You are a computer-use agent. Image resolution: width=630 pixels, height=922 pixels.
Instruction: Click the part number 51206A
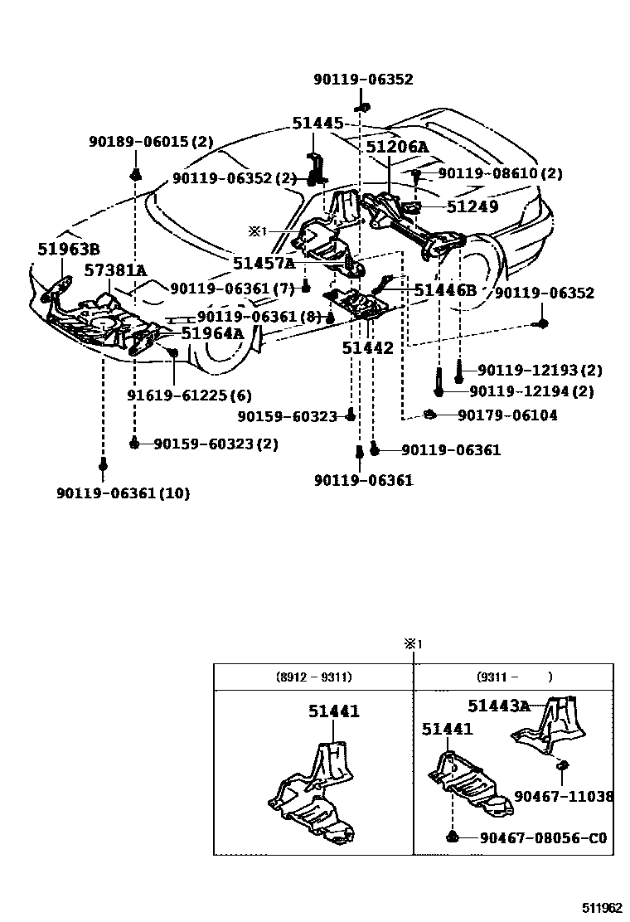(397, 148)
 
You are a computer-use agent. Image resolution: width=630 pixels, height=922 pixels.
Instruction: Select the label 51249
(472, 206)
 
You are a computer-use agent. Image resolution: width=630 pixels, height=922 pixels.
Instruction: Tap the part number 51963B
(68, 249)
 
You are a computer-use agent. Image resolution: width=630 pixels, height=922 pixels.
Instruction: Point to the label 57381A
(114, 270)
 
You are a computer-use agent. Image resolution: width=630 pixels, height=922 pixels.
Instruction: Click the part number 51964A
(213, 332)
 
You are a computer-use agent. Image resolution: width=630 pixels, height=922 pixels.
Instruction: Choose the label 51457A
(264, 263)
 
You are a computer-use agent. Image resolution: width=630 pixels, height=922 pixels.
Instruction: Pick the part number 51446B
(445, 289)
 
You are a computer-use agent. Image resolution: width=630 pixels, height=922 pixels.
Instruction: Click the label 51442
(367, 349)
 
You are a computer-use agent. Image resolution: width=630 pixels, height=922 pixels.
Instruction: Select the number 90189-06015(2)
(152, 143)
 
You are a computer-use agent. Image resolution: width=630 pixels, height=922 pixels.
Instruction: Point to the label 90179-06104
(507, 415)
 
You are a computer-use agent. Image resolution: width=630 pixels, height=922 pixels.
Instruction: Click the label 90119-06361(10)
(124, 493)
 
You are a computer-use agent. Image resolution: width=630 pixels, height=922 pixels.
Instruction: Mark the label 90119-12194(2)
(536, 391)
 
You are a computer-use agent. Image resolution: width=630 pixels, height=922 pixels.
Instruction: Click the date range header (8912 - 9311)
(313, 677)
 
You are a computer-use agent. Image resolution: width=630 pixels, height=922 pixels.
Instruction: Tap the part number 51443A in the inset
(498, 706)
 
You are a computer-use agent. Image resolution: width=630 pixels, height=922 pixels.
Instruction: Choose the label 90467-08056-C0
(543, 838)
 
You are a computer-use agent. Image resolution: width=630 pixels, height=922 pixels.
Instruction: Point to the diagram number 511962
(598, 908)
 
